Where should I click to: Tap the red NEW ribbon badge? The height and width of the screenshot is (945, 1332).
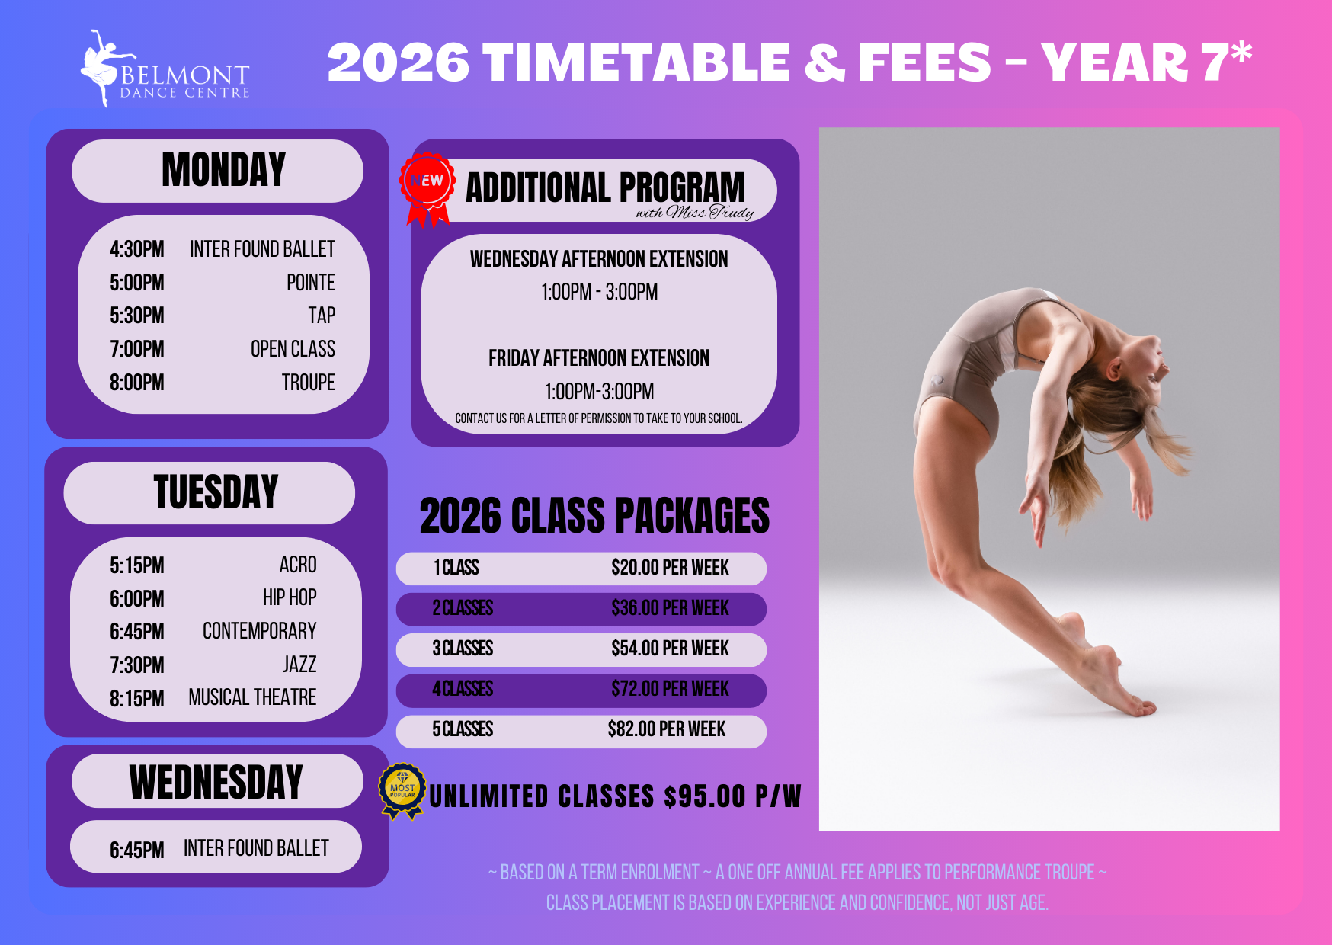[x=427, y=189]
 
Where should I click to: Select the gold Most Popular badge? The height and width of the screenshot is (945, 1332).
[x=402, y=791]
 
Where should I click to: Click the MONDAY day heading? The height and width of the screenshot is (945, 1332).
[x=223, y=170]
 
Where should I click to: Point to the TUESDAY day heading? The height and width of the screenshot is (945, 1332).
[x=216, y=492]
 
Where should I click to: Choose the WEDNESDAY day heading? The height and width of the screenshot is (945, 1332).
[x=216, y=782]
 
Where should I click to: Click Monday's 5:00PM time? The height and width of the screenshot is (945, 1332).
[x=137, y=283]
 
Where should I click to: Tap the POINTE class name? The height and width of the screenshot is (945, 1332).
[x=311, y=283]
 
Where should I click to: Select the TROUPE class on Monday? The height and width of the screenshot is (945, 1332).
[x=309, y=383]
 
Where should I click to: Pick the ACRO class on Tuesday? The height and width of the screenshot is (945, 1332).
[x=298, y=565]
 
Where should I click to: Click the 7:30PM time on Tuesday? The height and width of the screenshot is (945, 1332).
[x=137, y=665]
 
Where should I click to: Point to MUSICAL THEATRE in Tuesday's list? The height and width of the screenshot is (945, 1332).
[x=252, y=697]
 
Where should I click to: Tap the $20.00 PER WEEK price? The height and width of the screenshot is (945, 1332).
[x=670, y=568]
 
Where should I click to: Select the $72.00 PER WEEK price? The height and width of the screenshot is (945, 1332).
[x=670, y=689]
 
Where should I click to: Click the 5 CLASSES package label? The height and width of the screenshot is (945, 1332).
[x=463, y=729]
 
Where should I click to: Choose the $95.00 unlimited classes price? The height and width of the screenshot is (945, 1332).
[x=705, y=796]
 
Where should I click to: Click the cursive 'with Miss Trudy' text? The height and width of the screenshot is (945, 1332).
[x=695, y=213]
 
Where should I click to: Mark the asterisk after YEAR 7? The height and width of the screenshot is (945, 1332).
[x=1241, y=53]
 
